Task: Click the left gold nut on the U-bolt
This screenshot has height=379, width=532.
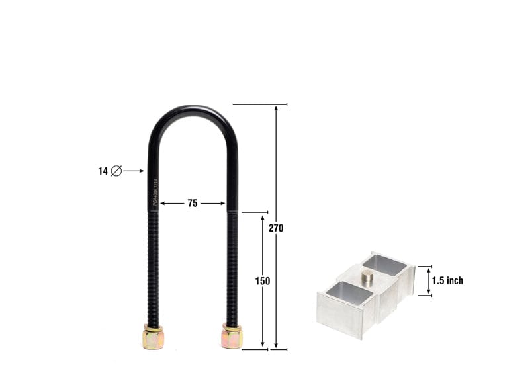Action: [x=152, y=337]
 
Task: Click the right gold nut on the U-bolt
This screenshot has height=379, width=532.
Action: [x=232, y=337]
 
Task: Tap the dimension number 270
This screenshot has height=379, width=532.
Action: [x=276, y=228]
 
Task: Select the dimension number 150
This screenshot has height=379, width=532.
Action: [x=263, y=280]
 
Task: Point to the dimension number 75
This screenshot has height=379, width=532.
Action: [x=192, y=204]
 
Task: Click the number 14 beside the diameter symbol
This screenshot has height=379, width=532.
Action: [x=103, y=171]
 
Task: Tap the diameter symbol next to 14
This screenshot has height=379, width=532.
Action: [x=116, y=171]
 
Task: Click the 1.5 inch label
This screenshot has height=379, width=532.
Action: [x=447, y=280]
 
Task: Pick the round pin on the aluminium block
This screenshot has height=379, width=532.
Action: [x=367, y=276]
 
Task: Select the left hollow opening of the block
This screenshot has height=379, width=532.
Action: [x=349, y=293]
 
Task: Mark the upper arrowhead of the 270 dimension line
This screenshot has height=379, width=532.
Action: [x=276, y=109]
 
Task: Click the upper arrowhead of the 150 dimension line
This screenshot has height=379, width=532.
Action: [x=263, y=218]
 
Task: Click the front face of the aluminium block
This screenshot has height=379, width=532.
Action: [x=339, y=321]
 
